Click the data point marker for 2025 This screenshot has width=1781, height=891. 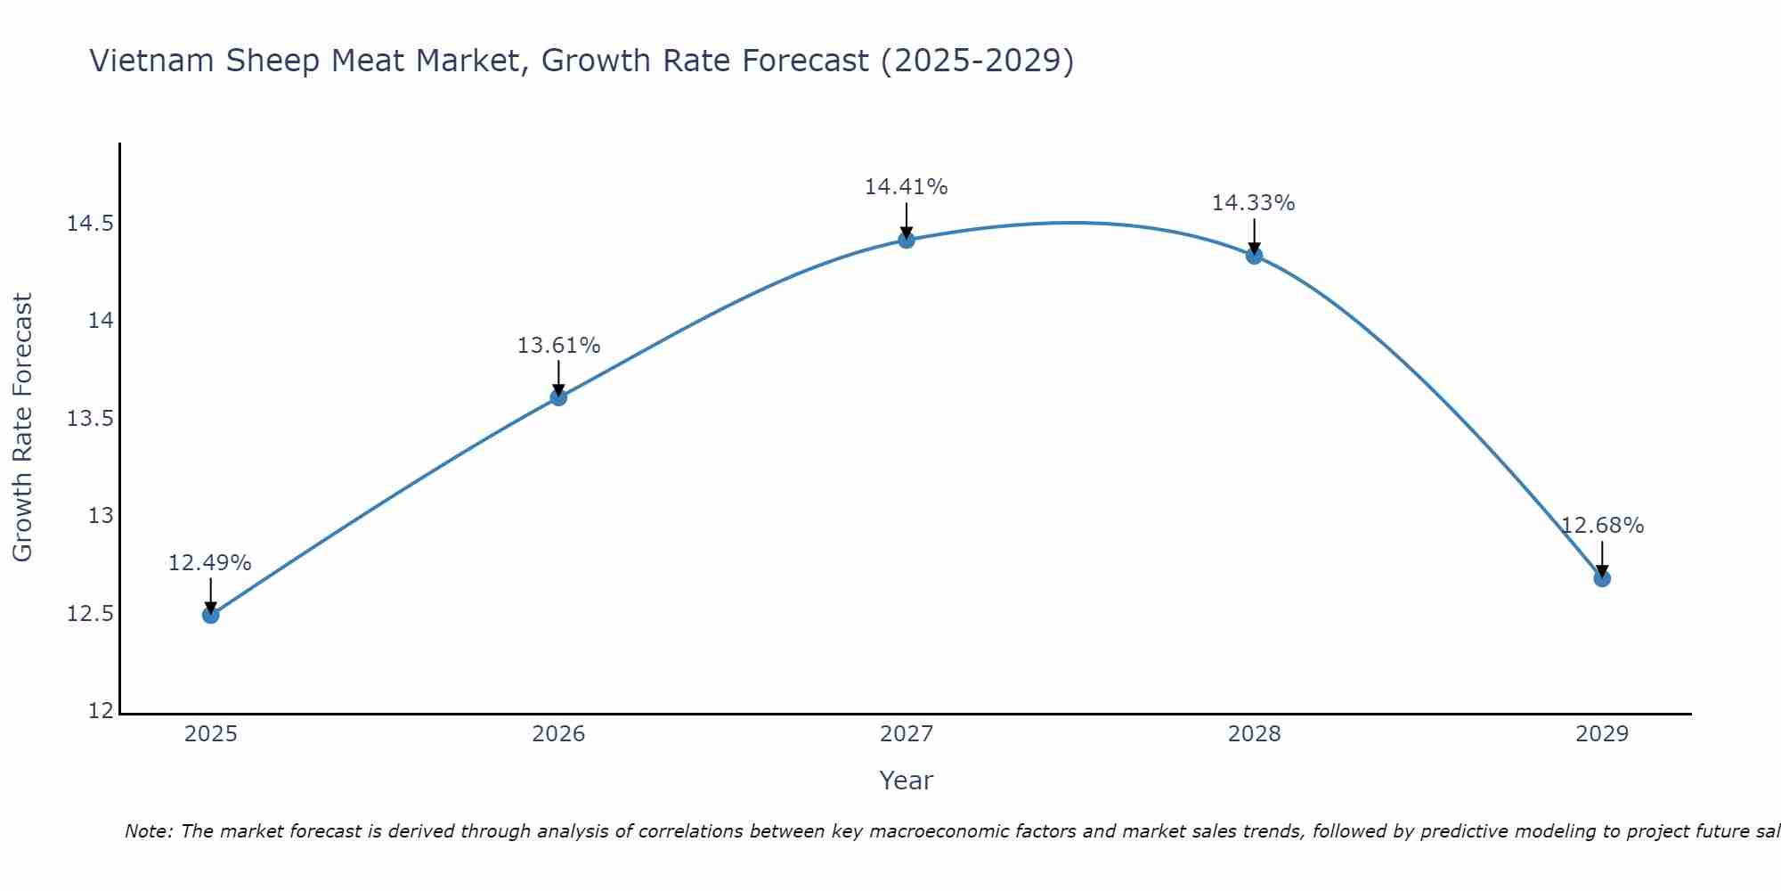(x=210, y=615)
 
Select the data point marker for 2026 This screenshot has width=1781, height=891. (x=558, y=397)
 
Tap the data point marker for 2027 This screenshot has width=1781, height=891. (x=907, y=240)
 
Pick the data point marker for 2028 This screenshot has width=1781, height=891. (x=1254, y=256)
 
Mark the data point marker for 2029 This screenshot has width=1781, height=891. (x=1602, y=578)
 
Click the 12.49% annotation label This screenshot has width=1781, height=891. (x=210, y=563)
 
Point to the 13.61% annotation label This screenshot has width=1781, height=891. (x=558, y=346)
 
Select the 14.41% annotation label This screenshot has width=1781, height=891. (x=907, y=187)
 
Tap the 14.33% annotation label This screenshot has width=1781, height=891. (x=1254, y=203)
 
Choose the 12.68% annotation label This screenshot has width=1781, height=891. (x=1602, y=526)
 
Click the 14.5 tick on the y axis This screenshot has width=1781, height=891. (x=90, y=224)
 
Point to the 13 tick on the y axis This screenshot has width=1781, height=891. (x=101, y=516)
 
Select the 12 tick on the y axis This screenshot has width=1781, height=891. (x=101, y=711)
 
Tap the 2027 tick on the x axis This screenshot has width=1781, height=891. (x=907, y=734)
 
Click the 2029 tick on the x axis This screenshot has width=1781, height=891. (x=1602, y=734)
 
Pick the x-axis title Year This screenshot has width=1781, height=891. (x=907, y=781)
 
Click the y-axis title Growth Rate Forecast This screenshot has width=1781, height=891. (x=22, y=428)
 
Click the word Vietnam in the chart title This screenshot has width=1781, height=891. (x=152, y=61)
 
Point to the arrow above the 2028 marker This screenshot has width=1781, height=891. (x=1254, y=233)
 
